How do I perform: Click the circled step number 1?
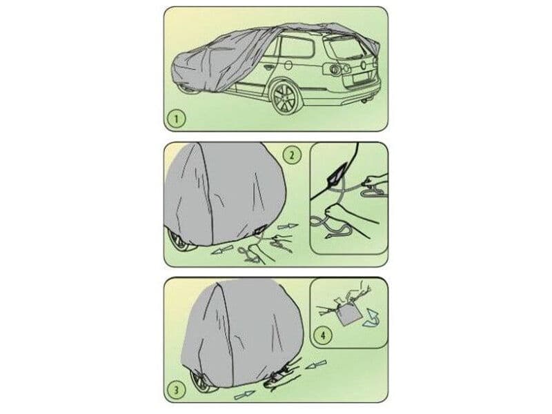click(x=177, y=119)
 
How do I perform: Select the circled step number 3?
click(x=177, y=390)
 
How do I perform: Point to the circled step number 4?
click(x=324, y=335)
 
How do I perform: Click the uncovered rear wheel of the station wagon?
click(x=284, y=97)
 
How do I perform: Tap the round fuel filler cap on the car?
click(x=288, y=65)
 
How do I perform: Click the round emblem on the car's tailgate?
click(x=363, y=65)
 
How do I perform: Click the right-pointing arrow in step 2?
click(x=288, y=227)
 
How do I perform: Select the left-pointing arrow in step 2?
click(x=221, y=251)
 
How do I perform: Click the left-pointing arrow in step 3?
click(x=316, y=365)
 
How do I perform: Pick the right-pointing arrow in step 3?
click(x=245, y=395)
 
